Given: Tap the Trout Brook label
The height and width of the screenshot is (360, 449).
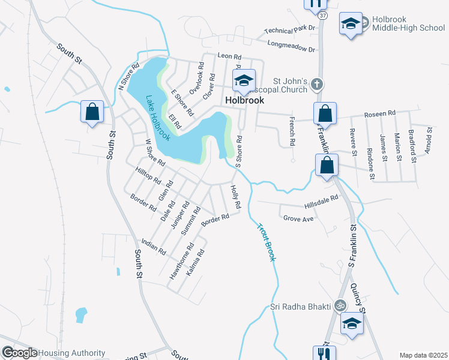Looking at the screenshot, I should (x=266, y=242).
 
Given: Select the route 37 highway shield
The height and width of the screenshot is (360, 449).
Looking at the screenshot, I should (x=323, y=15).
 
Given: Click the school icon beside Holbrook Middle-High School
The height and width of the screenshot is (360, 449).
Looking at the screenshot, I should (x=351, y=24).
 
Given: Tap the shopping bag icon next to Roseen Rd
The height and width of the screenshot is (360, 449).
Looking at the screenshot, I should (x=325, y=113).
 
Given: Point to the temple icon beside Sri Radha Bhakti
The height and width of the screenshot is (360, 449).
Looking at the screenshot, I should (x=340, y=306).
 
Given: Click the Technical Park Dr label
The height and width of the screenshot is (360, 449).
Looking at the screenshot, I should (x=290, y=31).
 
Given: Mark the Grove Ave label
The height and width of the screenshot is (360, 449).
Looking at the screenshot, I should (x=298, y=219).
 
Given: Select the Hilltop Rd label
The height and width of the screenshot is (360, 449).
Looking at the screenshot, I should (x=148, y=176).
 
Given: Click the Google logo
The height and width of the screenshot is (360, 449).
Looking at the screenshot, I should (x=19, y=353).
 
